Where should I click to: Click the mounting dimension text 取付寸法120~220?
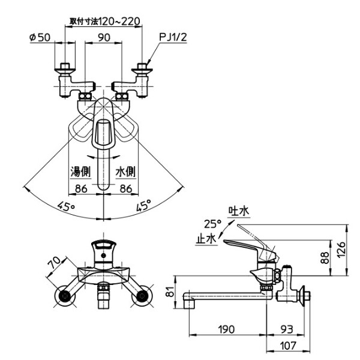(104, 21)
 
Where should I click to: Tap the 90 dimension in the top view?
(104, 38)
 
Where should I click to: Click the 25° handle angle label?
(212, 224)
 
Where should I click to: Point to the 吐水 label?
(238, 211)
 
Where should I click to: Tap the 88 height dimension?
(325, 257)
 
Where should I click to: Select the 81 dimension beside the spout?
(169, 292)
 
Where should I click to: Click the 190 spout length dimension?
(226, 330)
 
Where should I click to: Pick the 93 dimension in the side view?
(287, 330)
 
